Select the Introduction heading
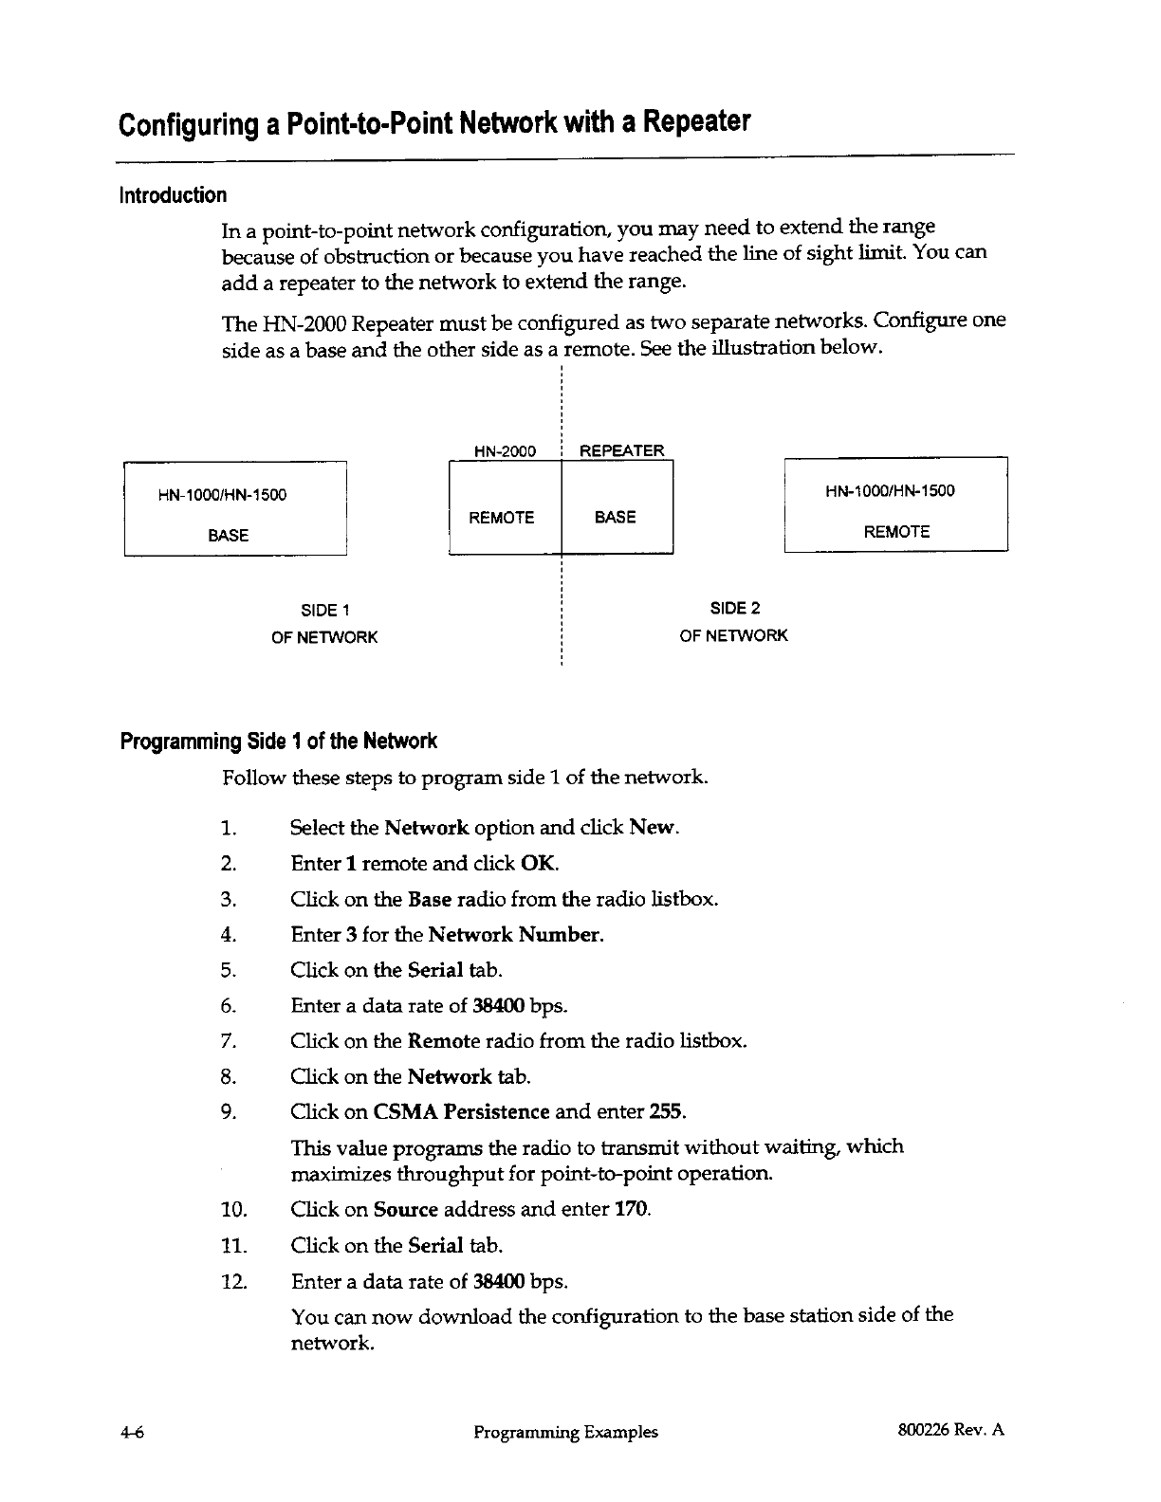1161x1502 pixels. coord(172,195)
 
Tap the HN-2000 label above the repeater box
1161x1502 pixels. coord(505,451)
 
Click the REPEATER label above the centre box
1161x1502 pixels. coord(621,451)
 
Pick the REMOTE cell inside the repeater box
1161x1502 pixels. coord(502,517)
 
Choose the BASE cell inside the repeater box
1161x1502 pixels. coord(615,517)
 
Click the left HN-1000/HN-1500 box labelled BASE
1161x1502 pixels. coord(235,508)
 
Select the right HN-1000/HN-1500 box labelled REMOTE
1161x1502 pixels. coord(895,504)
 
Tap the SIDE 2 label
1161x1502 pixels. coord(735,608)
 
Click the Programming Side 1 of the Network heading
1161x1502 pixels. coord(278,741)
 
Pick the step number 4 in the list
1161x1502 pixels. coord(227,935)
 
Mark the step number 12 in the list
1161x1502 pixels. coord(232,1283)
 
